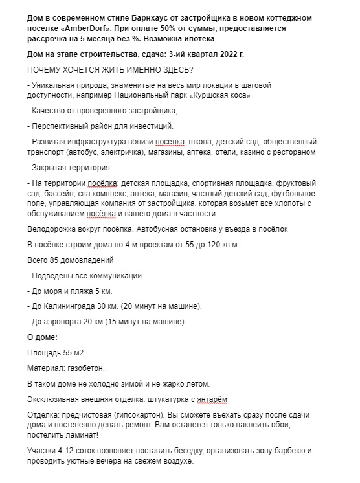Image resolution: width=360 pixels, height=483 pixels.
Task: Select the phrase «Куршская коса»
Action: pyautogui.click(x=221, y=95)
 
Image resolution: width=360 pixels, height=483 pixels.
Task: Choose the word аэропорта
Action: pyautogui.click(x=66, y=321)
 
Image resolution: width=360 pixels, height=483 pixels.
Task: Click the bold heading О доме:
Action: pyautogui.click(x=42, y=337)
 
